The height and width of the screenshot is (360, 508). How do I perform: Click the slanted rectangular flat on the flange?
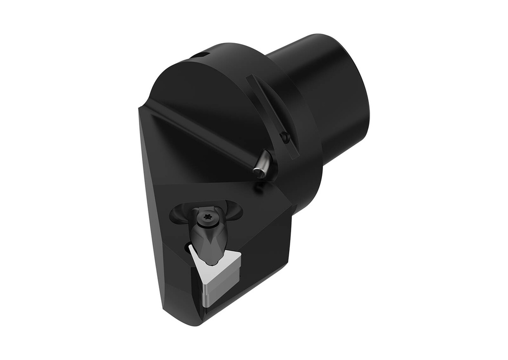tap(273, 117)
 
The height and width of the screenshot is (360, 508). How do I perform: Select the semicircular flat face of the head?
tap(198, 114)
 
